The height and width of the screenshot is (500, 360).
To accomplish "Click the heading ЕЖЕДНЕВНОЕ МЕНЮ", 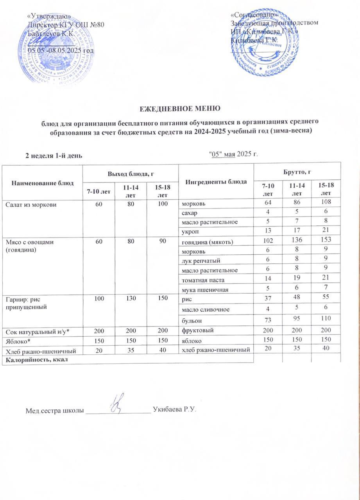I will click(x=180, y=108).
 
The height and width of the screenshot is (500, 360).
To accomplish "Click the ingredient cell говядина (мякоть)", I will click(x=207, y=242).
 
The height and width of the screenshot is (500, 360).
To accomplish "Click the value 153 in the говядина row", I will click(x=325, y=241).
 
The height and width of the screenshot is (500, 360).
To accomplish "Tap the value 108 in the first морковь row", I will click(x=325, y=202).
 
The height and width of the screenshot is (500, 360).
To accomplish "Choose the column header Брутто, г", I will click(x=297, y=171).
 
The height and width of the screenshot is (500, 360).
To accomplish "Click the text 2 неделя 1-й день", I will click(x=54, y=155).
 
